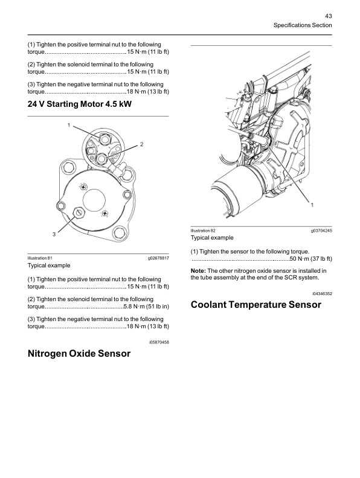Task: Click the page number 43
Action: [328, 16]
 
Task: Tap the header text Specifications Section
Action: [303, 25]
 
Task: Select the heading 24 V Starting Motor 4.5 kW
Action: [80, 104]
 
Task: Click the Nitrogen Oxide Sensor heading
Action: [79, 353]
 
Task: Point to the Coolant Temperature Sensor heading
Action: [256, 305]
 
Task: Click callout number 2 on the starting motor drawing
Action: [141, 144]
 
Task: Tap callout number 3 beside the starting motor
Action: [54, 234]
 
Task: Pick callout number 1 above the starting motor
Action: [69, 125]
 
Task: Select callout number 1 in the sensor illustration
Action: [312, 205]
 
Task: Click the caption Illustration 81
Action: [40, 258]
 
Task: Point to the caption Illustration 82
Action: [203, 231]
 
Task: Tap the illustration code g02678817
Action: [158, 258]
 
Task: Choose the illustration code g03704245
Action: [321, 231]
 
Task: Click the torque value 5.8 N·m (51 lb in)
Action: [146, 307]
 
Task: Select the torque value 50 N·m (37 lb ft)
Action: [310, 259]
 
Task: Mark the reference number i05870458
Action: [159, 342]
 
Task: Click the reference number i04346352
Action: [322, 293]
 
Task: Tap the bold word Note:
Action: [198, 271]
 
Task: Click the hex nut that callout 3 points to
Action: [79, 212]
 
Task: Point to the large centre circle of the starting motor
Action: [94, 200]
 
